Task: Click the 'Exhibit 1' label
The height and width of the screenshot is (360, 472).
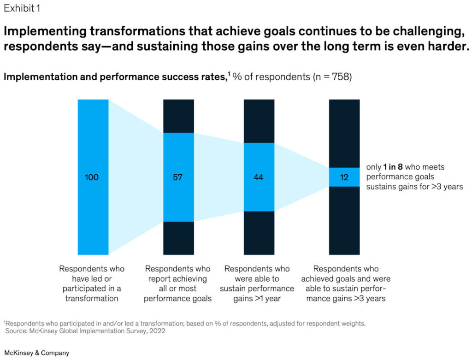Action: [x=22, y=8]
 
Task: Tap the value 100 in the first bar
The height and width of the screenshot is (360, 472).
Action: [x=92, y=177]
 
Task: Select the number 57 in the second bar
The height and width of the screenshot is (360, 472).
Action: [x=178, y=177]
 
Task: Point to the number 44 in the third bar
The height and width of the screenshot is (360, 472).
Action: [x=259, y=177]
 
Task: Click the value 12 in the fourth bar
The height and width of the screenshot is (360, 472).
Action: [x=344, y=177]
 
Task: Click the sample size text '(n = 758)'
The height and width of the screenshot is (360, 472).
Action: [x=327, y=77]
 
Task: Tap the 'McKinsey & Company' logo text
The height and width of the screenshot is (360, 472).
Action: [x=37, y=353]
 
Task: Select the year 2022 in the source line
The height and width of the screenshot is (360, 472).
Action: [x=156, y=330]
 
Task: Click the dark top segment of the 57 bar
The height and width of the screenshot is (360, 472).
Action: [x=178, y=116]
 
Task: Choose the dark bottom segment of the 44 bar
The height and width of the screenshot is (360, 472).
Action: [x=259, y=233]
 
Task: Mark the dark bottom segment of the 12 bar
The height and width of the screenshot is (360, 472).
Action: [x=344, y=220]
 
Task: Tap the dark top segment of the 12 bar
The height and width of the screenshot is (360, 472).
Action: [x=344, y=133]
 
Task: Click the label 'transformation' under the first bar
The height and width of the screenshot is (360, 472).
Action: [x=92, y=298]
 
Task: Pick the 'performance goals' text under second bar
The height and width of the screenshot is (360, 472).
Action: [x=178, y=298]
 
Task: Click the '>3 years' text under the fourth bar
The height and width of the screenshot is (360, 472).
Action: [x=370, y=298]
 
